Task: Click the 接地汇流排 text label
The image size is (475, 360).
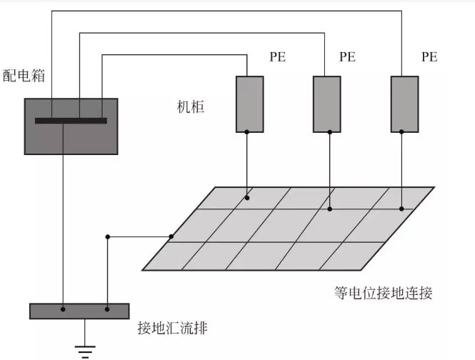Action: tap(173, 328)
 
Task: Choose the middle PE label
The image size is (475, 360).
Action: tap(347, 57)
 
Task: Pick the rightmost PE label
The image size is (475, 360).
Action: tap(430, 57)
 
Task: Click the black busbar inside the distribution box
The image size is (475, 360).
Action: tap(71, 121)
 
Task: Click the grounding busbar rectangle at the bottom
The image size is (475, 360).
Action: tap(79, 311)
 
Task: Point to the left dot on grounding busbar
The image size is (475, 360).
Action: tap(64, 309)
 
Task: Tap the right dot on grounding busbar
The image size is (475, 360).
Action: tap(107, 309)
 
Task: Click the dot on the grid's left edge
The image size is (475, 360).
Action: tap(171, 236)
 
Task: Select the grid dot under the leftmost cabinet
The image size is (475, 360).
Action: tap(248, 197)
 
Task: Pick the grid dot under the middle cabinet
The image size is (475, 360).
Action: tap(329, 209)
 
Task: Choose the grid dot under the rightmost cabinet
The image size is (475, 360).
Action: tap(401, 209)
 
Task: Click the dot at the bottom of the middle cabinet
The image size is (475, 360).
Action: tap(326, 131)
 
